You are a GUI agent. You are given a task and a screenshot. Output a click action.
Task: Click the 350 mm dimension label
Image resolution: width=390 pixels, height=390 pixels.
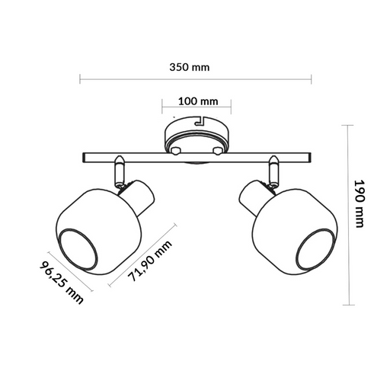(x=189, y=67)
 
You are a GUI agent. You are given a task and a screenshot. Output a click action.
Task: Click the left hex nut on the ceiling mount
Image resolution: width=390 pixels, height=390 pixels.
(x=176, y=151)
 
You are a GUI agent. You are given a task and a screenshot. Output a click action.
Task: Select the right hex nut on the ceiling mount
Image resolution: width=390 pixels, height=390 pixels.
(x=219, y=151)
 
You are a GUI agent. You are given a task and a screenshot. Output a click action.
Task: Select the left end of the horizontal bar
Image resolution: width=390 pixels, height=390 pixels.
(x=85, y=158)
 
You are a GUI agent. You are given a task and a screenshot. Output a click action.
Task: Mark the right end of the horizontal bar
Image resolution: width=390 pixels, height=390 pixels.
(x=311, y=158)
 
